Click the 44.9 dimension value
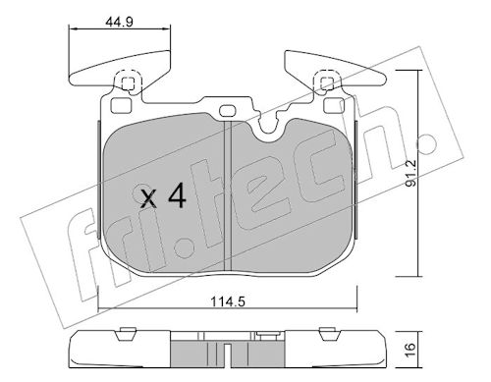click(x=119, y=22)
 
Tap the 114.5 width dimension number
click(x=228, y=301)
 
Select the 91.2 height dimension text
click(x=410, y=173)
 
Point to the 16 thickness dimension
click(x=410, y=350)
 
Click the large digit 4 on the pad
click(x=177, y=195)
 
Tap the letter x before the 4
click(x=148, y=199)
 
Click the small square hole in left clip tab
click(x=128, y=83)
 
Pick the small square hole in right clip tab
click(x=327, y=83)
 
